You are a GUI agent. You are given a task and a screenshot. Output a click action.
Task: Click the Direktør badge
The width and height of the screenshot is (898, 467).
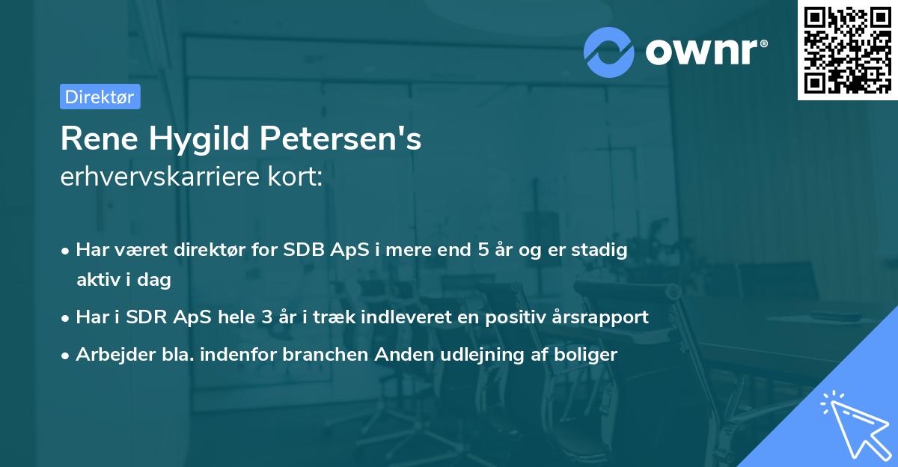pos(100,97)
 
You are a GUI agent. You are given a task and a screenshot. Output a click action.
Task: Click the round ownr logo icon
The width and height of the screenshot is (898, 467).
pos(609,52)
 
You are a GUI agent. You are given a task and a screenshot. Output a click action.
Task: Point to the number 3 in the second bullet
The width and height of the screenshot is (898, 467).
pos(266,317)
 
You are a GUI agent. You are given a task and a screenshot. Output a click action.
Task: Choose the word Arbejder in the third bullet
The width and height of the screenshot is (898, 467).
pos(109,354)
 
